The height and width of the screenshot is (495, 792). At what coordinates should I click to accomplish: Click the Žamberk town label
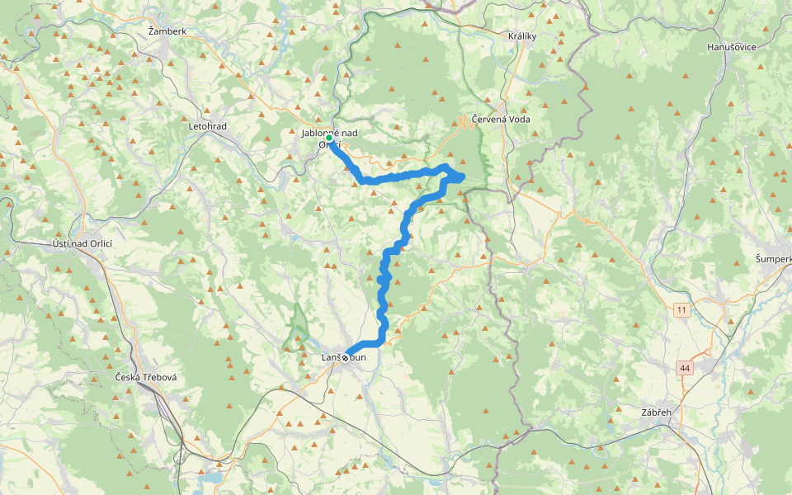[167, 31]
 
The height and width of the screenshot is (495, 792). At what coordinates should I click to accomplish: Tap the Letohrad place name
[207, 126]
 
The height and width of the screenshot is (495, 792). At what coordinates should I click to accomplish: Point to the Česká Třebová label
[146, 377]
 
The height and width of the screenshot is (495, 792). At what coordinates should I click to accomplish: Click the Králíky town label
[523, 36]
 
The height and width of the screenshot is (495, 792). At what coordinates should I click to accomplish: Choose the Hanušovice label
[732, 47]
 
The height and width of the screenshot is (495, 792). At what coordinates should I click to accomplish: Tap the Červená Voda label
[501, 119]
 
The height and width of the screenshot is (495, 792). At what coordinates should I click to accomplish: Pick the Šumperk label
[773, 259]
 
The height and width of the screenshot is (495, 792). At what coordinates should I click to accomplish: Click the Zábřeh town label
[659, 412]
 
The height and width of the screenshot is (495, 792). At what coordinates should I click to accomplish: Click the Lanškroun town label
[343, 357]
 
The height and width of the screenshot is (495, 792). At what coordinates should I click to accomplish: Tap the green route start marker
[329, 139]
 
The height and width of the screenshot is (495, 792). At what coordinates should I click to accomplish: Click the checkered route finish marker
[346, 357]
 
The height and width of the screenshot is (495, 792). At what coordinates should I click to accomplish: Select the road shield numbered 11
[681, 309]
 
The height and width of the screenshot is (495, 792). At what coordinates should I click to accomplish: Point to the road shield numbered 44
[686, 367]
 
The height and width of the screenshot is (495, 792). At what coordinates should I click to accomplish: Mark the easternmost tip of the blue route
[464, 177]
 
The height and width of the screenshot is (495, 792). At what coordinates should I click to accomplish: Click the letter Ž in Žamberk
[151, 31]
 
